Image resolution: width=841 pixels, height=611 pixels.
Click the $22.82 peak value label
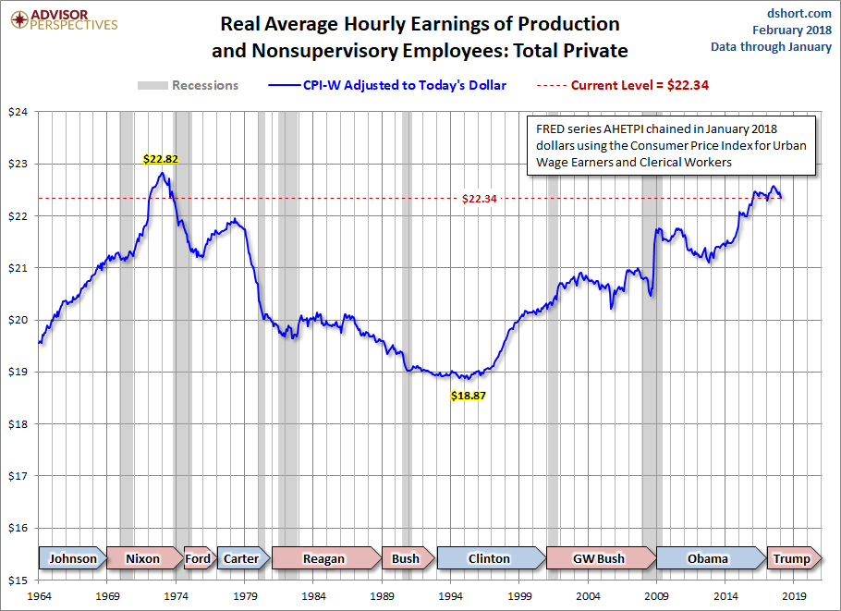point(160,158)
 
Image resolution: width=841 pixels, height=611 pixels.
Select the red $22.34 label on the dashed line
point(480,198)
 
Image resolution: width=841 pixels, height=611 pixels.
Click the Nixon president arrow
point(143,558)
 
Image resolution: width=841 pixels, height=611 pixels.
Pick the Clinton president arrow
point(489,558)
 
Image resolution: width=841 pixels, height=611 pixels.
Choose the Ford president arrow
point(198,558)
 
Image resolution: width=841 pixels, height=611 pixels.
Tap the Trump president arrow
point(790,558)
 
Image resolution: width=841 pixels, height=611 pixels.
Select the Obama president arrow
point(708,558)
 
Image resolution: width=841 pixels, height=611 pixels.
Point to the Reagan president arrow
point(324,558)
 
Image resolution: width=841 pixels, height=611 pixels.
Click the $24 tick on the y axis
point(18,112)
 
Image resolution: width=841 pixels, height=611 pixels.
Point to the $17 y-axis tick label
point(18,476)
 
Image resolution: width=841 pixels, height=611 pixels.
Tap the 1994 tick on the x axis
point(452,596)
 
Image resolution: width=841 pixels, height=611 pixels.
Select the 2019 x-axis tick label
point(797,596)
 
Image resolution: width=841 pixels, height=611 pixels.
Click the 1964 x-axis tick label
point(39,596)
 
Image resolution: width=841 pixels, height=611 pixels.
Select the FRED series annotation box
point(669,146)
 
